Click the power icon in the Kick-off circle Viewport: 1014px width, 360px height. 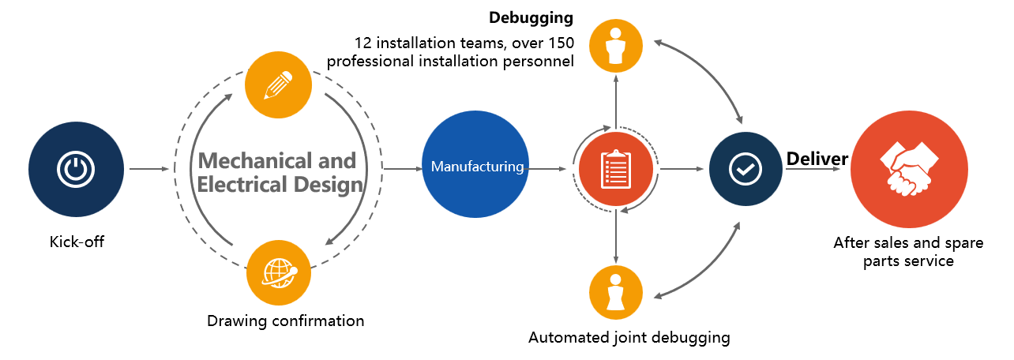(76, 169)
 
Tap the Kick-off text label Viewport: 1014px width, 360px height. (77, 242)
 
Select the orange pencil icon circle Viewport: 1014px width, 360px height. (279, 85)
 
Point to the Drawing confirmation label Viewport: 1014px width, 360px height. (285, 321)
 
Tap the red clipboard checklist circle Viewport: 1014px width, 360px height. (616, 168)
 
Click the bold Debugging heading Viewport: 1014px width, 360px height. (531, 17)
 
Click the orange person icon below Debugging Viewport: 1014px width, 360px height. (616, 46)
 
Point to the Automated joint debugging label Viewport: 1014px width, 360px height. (629, 338)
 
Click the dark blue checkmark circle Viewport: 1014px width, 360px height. (745, 168)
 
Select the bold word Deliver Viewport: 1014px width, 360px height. (817, 159)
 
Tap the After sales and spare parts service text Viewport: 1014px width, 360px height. (893, 252)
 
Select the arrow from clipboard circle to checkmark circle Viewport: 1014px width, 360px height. (681, 169)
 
